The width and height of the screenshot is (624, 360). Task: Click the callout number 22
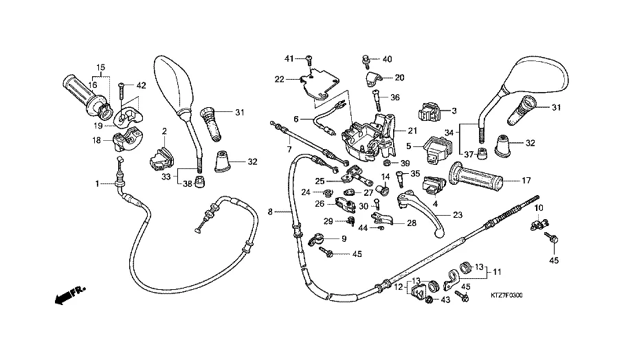pos(279,80)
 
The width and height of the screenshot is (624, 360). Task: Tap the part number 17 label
pos(527,181)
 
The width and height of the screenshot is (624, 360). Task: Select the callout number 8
pos(270,212)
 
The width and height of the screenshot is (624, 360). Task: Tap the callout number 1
pos(98,183)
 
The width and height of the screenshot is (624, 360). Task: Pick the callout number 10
pos(539,207)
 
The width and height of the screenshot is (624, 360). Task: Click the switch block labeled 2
pos(160,161)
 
